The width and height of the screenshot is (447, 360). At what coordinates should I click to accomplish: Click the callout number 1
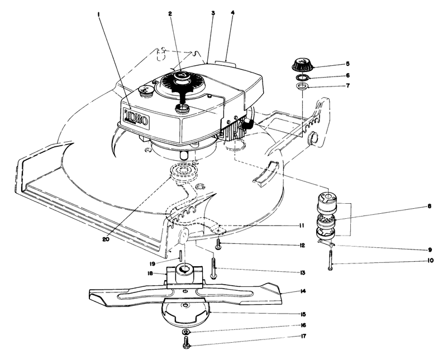click(x=98, y=9)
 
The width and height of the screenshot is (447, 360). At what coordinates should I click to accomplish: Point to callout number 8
click(x=414, y=206)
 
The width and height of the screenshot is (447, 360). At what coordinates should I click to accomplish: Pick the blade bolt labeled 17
click(x=186, y=345)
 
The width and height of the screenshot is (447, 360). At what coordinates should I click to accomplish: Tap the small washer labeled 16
click(x=186, y=333)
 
